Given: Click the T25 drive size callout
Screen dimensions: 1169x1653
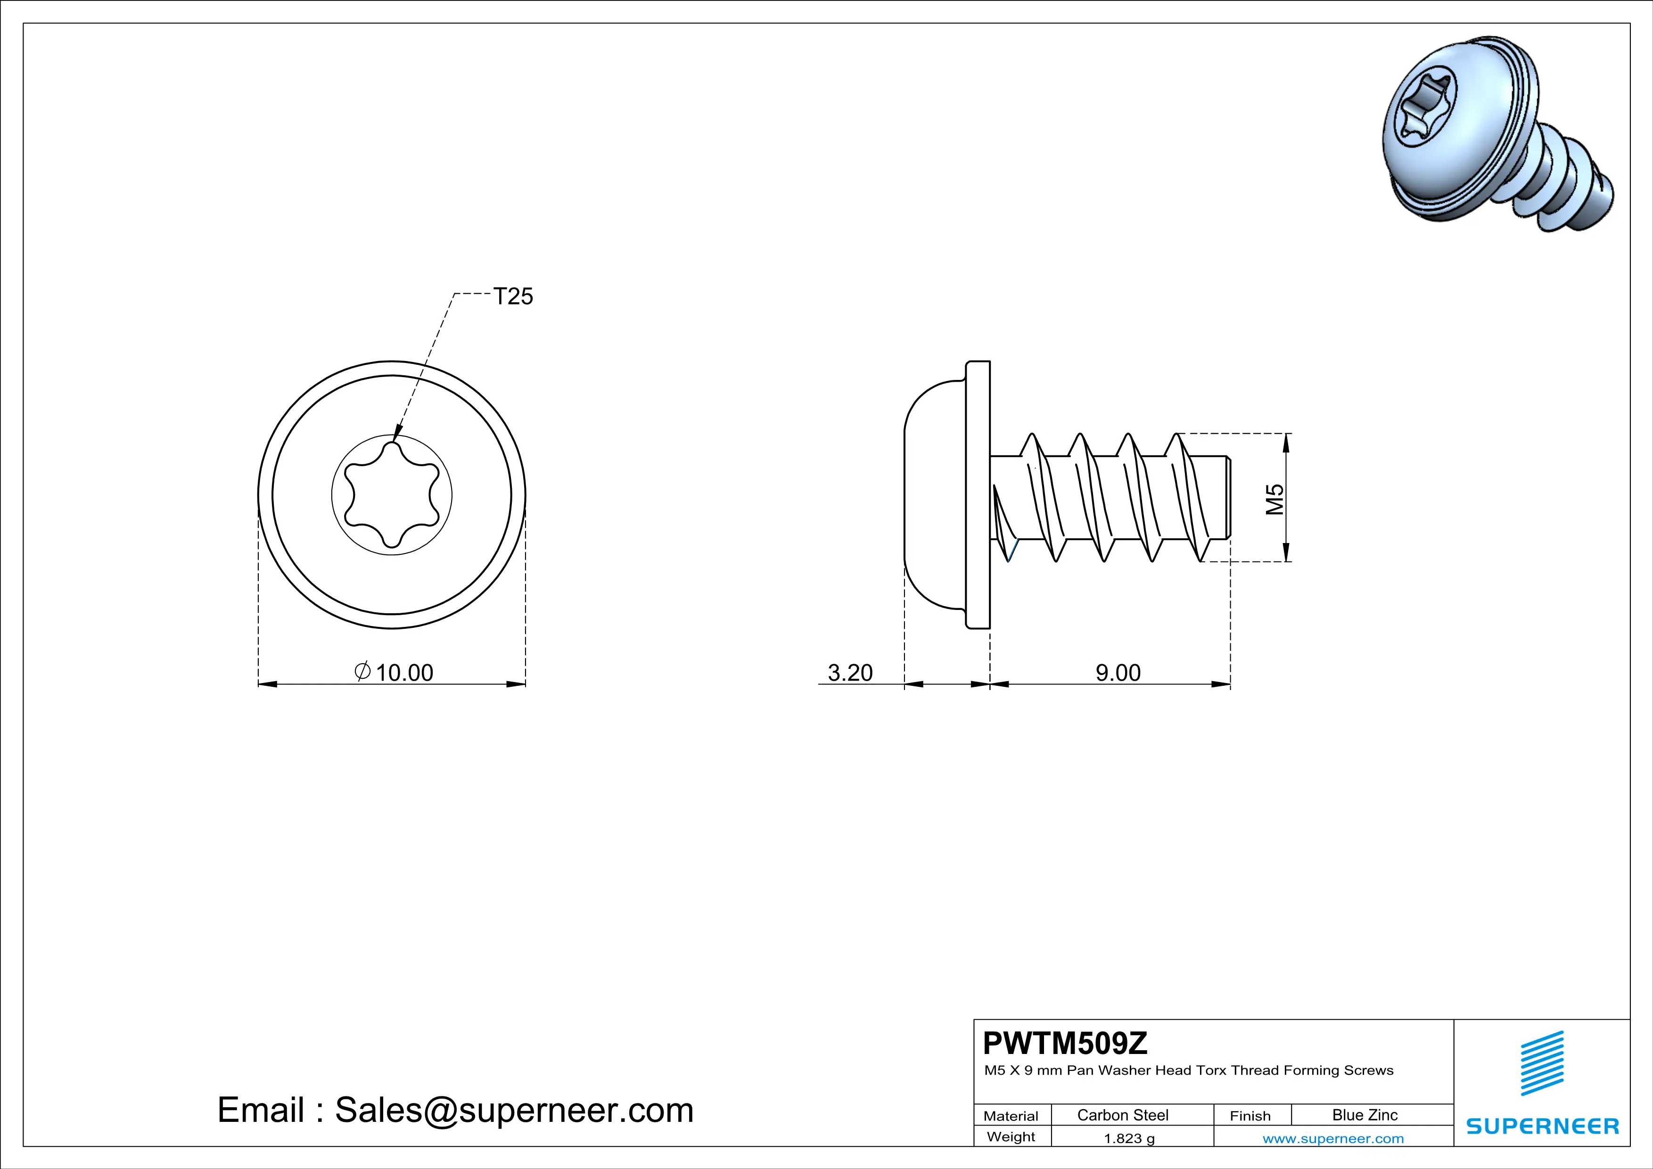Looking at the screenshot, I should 513,296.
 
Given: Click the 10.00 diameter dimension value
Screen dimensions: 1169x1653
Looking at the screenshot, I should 404,672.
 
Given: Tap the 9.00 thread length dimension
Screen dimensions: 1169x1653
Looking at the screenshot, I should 1118,672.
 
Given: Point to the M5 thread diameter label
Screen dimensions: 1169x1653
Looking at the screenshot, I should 1275,499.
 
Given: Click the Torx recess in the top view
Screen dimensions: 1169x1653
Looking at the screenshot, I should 392,494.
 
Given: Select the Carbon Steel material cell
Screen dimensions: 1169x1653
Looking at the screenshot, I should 1122,1115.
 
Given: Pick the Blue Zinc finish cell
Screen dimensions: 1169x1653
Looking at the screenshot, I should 1364,1115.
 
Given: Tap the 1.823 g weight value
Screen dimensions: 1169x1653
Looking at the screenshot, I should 1129,1138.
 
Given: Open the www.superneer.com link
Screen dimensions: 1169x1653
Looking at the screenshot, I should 1332,1138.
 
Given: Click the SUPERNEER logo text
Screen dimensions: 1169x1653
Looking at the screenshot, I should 1542,1126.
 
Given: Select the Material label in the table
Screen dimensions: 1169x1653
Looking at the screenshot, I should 1011,1116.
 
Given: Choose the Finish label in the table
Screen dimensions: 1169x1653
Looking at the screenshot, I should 1250,1116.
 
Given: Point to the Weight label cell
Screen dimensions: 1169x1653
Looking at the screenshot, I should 1011,1136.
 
